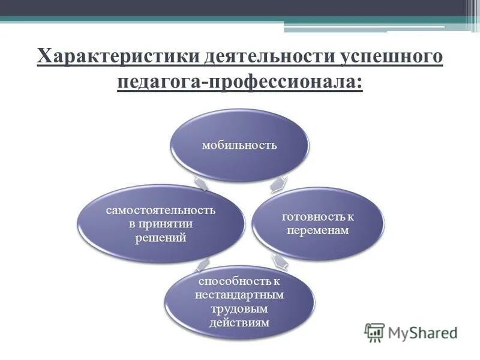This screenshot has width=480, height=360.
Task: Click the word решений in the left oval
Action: pyautogui.click(x=160, y=238)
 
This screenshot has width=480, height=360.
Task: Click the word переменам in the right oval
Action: pyautogui.click(x=318, y=230)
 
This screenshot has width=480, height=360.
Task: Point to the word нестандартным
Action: pyautogui.click(x=239, y=295)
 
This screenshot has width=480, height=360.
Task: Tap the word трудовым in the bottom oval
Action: pyautogui.click(x=239, y=309)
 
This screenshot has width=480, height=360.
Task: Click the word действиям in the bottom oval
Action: pyautogui.click(x=239, y=323)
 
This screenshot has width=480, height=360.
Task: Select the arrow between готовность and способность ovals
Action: pyautogui.click(x=280, y=260)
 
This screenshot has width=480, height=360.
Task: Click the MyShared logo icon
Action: pyautogui.click(x=374, y=332)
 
